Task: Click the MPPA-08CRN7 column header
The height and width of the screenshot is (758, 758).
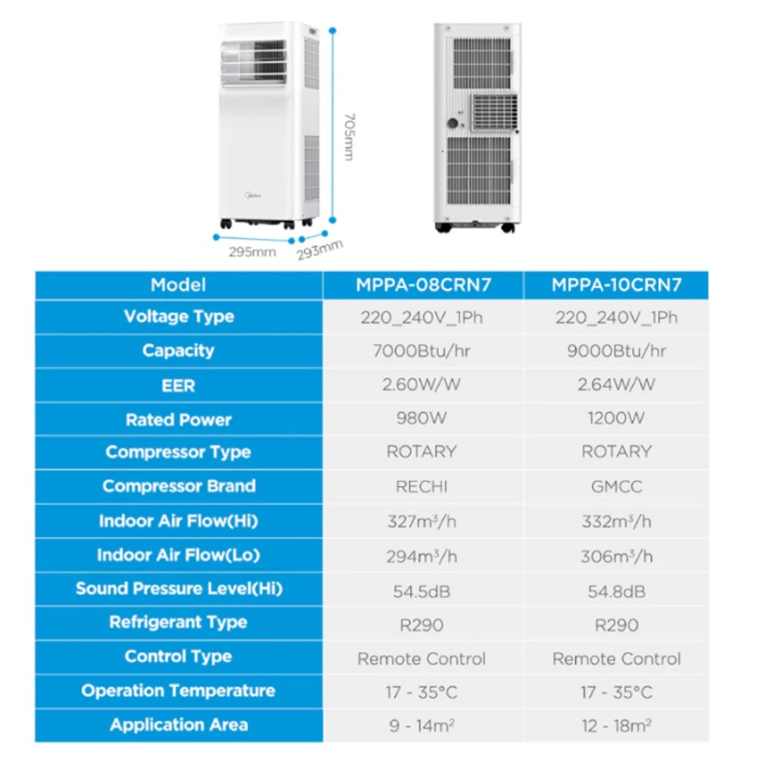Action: (x=423, y=285)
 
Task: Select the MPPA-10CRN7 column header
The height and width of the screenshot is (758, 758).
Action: (x=617, y=285)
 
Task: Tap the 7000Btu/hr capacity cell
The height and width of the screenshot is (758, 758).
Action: (x=421, y=350)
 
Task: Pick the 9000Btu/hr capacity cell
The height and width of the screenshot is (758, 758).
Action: (x=617, y=350)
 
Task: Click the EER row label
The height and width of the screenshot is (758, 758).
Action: (x=178, y=386)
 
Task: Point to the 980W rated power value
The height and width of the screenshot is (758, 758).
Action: (x=421, y=417)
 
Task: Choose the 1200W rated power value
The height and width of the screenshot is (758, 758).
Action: (x=617, y=417)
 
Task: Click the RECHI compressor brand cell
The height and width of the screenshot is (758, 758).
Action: (x=421, y=486)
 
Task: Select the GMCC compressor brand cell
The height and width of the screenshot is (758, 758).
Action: (x=617, y=486)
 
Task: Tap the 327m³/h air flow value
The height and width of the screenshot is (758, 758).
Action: (x=421, y=521)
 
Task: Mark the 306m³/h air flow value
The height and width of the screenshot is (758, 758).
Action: (x=617, y=557)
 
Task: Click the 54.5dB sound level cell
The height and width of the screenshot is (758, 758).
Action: (x=421, y=591)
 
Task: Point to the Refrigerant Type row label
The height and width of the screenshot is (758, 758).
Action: (x=178, y=622)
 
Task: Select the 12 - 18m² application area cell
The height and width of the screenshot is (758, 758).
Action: (x=617, y=725)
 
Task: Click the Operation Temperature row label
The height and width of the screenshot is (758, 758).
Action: (x=178, y=691)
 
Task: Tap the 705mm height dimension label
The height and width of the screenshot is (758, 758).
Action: (x=349, y=137)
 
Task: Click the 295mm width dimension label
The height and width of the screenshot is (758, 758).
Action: (x=252, y=252)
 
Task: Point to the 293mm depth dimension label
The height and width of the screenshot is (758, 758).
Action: (x=320, y=249)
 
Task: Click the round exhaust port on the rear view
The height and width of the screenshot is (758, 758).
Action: (x=452, y=124)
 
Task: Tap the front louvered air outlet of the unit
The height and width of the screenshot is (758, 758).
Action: (x=255, y=64)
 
